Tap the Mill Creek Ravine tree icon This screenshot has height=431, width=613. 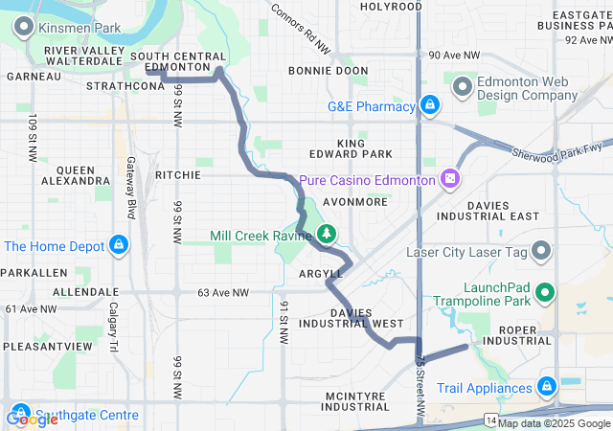tap(327, 233)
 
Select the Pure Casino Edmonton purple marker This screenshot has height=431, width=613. tap(448, 179)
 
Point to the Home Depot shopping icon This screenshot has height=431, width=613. tap(119, 246)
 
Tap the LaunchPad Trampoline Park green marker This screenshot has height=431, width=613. tap(545, 293)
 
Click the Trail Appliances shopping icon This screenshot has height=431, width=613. tap(546, 387)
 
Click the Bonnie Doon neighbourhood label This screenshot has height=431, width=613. tap(329, 71)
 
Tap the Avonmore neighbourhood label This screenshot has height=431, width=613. tap(354, 202)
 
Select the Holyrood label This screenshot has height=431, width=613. tap(391, 7)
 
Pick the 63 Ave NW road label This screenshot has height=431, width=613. tap(223, 292)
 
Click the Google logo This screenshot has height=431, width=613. tap(32, 419)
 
